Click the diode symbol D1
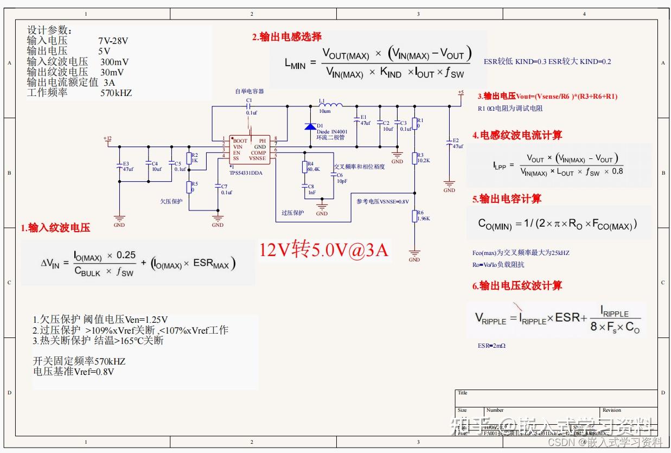(x=310, y=126)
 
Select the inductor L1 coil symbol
(x=330, y=105)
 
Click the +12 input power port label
(x=107, y=139)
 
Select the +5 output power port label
(x=461, y=93)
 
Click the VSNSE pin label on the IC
(x=257, y=158)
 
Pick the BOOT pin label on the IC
(x=240, y=141)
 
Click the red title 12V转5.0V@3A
(x=324, y=250)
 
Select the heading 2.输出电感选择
(x=286, y=37)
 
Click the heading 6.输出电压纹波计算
(x=517, y=286)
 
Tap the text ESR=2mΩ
(x=491, y=345)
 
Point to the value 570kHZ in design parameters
(x=116, y=93)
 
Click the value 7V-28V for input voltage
(x=113, y=41)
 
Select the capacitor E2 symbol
(x=449, y=142)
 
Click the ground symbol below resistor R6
(x=414, y=253)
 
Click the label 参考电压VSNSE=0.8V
(x=382, y=201)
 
